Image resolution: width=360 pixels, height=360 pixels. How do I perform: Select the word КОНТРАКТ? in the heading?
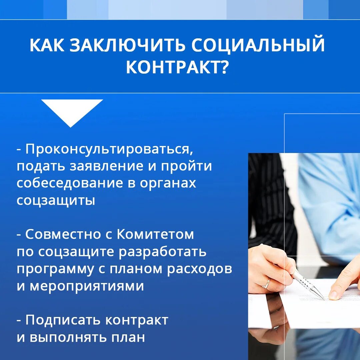click(x=177, y=67)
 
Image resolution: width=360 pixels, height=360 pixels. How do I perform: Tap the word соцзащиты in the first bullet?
click(x=56, y=201)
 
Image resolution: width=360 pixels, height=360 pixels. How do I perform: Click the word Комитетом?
click(x=155, y=234)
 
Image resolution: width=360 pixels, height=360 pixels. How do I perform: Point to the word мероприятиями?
click(x=87, y=287)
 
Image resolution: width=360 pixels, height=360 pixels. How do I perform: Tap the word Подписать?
click(x=63, y=321)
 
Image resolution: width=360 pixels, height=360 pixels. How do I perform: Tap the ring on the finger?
click(x=266, y=284)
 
